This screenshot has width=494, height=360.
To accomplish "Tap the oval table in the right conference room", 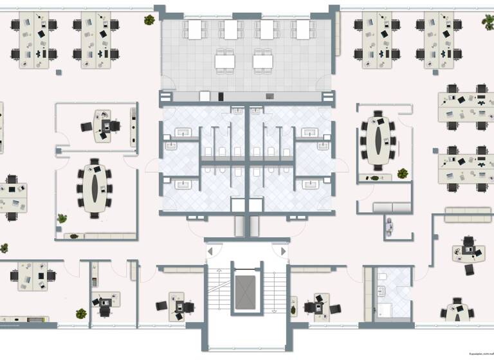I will pos(378,140).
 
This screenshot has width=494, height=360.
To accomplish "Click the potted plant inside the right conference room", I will pos(403,173).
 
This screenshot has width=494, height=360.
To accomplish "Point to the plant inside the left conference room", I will pos(62,219).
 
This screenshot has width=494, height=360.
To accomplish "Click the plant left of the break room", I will pos(149,19).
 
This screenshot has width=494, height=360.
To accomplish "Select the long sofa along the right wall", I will pos(468,214).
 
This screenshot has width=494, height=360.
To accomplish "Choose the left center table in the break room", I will pos(225,61).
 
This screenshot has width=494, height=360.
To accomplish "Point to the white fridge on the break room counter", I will pos(205,96).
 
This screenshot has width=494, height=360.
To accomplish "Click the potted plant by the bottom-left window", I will pos(81,314).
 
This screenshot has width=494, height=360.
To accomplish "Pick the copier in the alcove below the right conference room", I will pos(389,226).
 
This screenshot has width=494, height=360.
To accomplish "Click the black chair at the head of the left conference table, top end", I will pos(95,161).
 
